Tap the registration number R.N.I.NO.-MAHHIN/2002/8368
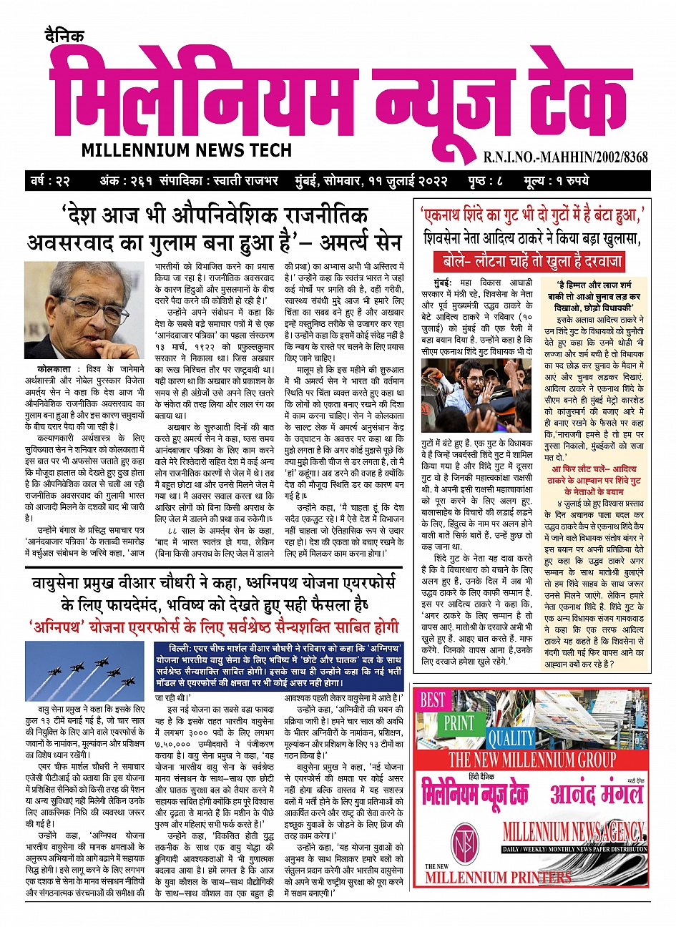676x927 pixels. coord(565,157)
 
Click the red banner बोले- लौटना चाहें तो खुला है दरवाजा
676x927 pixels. coord(532,260)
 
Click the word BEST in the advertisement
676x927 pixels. coord(433,700)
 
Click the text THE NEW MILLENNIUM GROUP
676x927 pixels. coord(532,759)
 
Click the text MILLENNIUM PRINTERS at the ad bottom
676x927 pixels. coord(498,877)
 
